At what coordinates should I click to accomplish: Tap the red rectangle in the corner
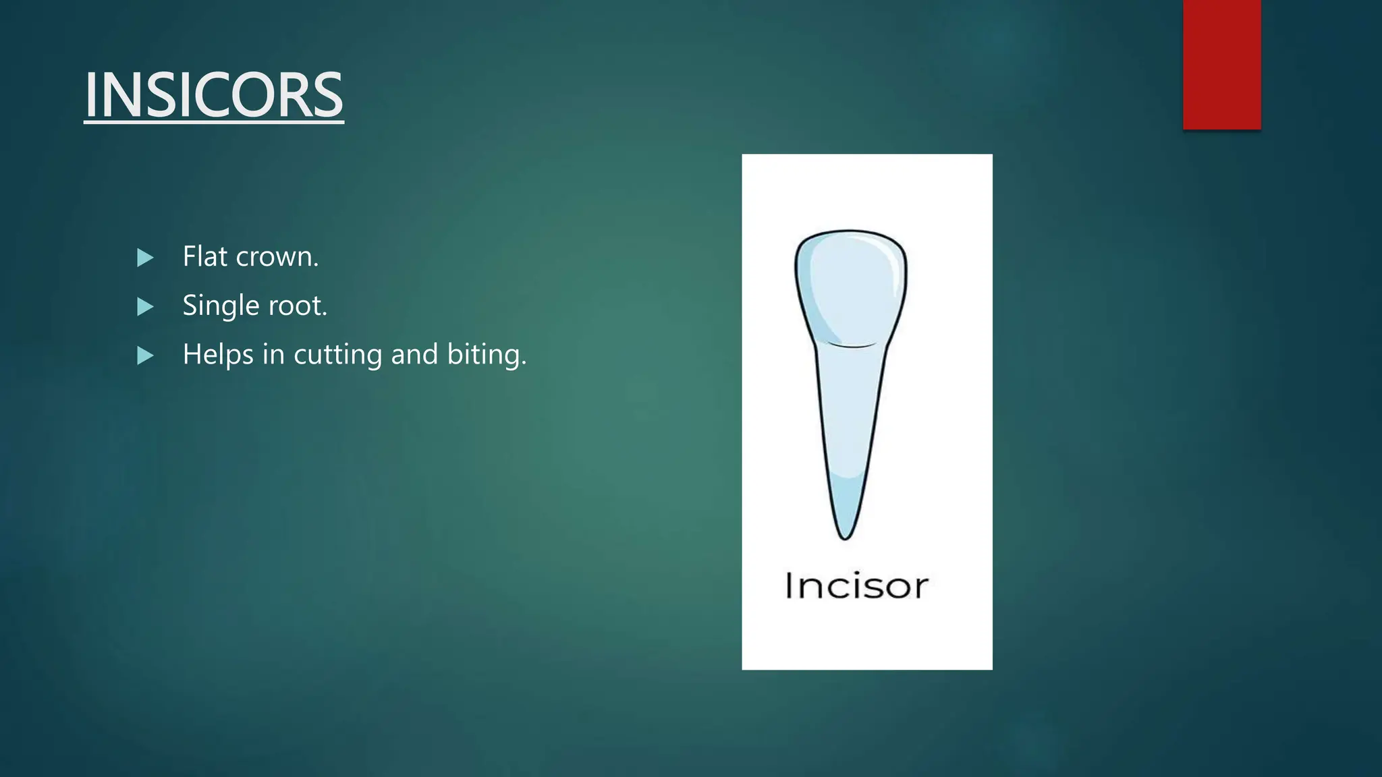pyautogui.click(x=1221, y=64)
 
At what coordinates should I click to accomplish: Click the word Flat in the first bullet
pyautogui.click(x=204, y=256)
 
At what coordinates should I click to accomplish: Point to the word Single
pyautogui.click(x=221, y=306)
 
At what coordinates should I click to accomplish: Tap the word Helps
pyautogui.click(x=218, y=355)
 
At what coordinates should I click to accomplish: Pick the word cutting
pyautogui.click(x=338, y=355)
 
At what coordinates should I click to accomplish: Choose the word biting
pyautogui.click(x=486, y=355)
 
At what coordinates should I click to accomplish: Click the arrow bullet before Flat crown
pyautogui.click(x=145, y=258)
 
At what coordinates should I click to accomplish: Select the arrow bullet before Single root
pyautogui.click(x=145, y=307)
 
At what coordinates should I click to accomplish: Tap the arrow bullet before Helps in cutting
pyautogui.click(x=145, y=355)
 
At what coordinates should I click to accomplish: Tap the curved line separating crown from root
pyautogui.click(x=852, y=345)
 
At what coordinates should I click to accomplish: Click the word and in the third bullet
pyautogui.click(x=414, y=355)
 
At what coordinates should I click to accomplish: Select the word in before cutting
pyautogui.click(x=273, y=355)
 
